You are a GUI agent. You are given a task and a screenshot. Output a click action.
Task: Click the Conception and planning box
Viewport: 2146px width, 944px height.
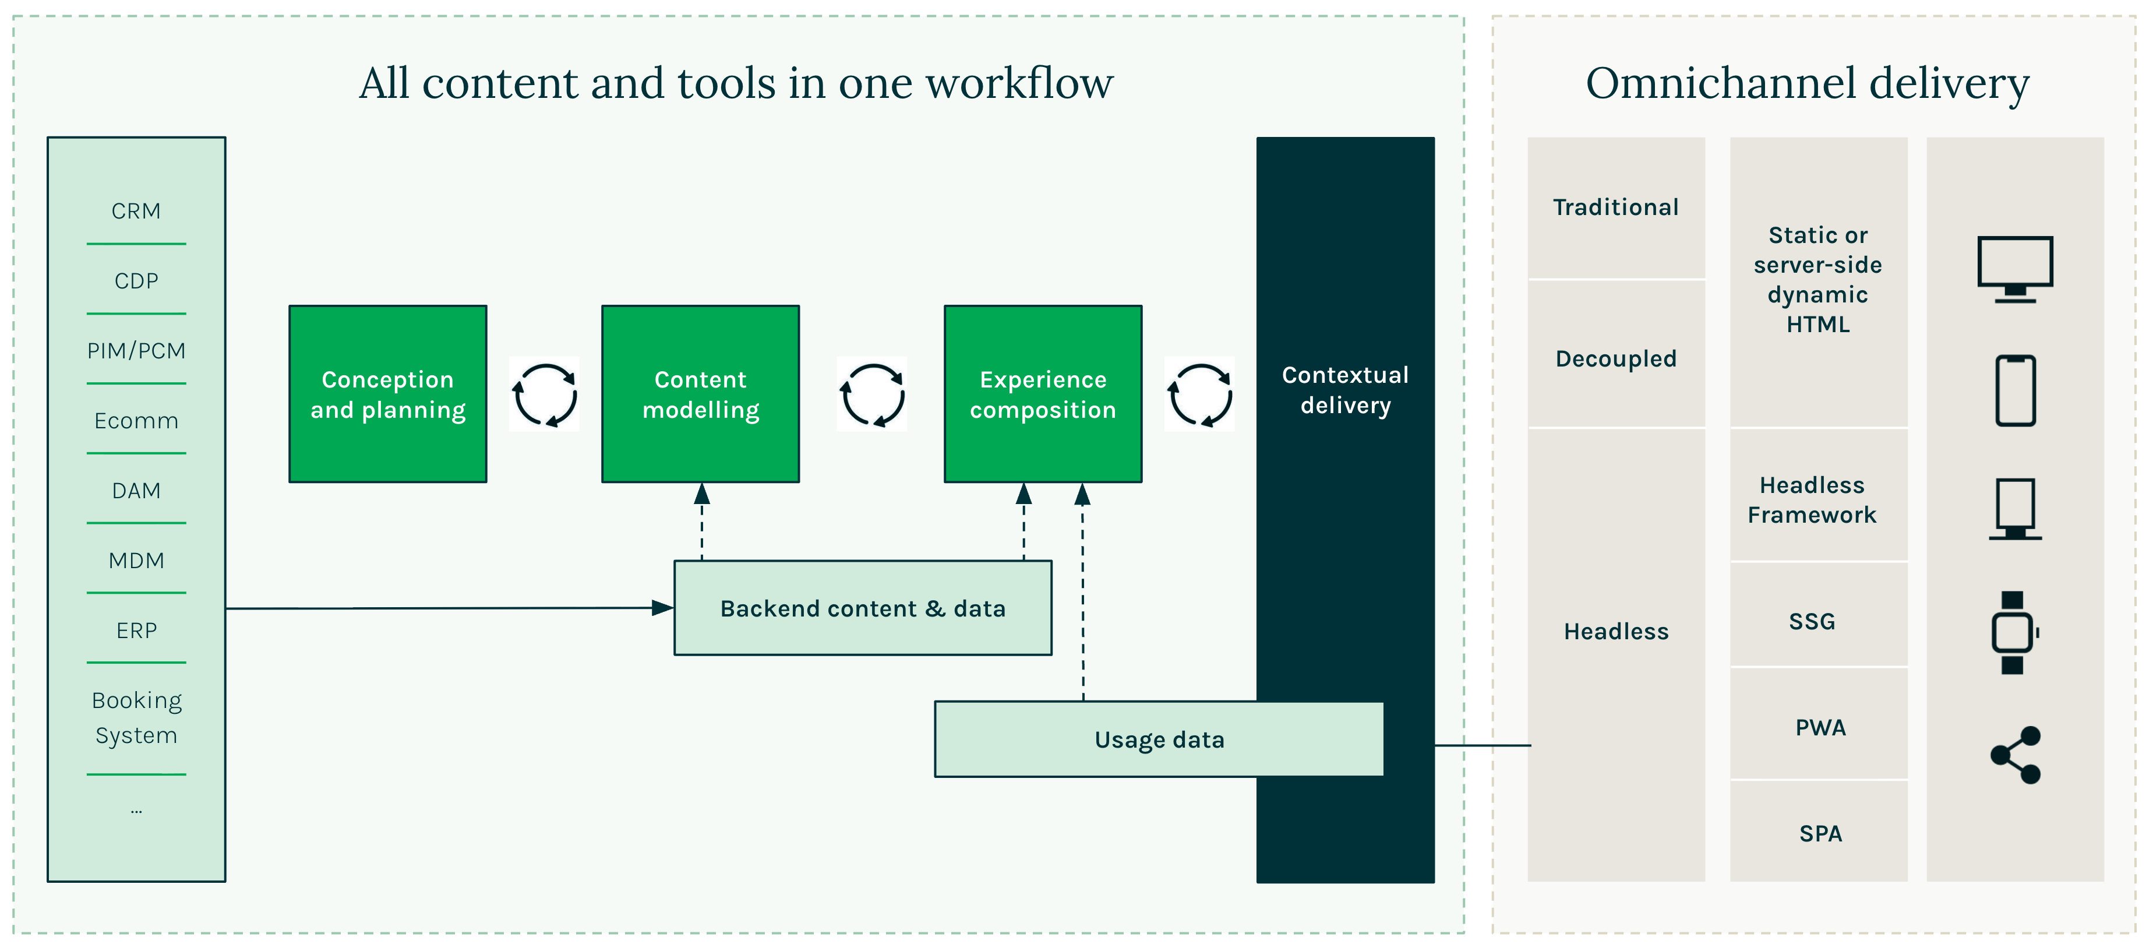coord(387,394)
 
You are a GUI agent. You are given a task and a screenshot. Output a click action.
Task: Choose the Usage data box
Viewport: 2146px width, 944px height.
coord(1159,739)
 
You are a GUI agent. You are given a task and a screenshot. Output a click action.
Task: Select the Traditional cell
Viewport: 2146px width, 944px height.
coord(1615,207)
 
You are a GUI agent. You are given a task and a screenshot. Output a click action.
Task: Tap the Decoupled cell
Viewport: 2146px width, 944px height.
coord(1615,358)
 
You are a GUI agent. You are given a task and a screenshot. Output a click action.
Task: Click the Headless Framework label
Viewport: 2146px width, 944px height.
coord(1812,500)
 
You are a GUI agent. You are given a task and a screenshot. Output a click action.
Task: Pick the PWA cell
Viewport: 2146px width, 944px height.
coord(1820,727)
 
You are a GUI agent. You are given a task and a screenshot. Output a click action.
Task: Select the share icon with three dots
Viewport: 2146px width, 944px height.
coord(2014,755)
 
